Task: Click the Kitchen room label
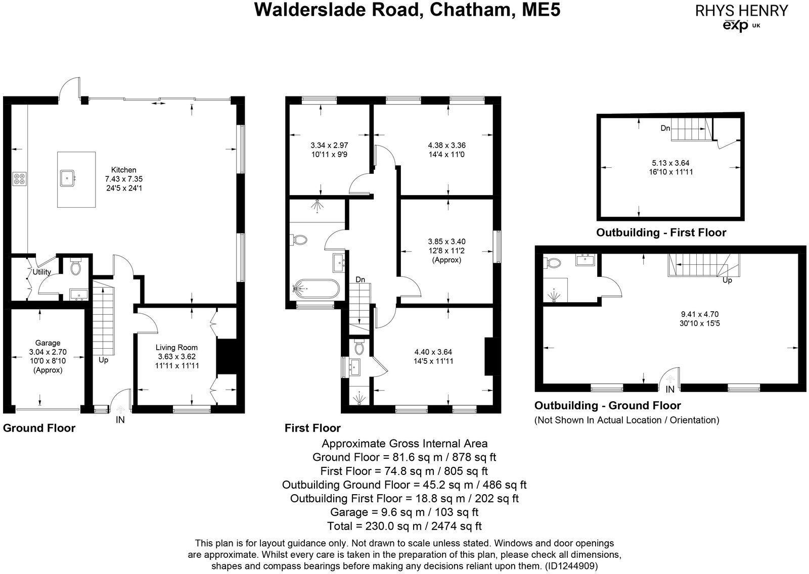(124, 170)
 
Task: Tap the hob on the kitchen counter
(20, 178)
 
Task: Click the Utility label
(42, 272)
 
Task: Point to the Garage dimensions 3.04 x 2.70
(48, 352)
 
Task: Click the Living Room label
(176, 347)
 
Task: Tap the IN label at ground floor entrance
(120, 420)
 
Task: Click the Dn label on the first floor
(360, 279)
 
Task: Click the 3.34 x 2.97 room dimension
(329, 145)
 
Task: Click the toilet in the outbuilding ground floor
(553, 263)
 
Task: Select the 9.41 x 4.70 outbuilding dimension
(700, 313)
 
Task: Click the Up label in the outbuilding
(727, 280)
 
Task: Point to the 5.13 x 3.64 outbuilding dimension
(670, 163)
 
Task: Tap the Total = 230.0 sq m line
(404, 526)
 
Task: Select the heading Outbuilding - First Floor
(661, 233)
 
